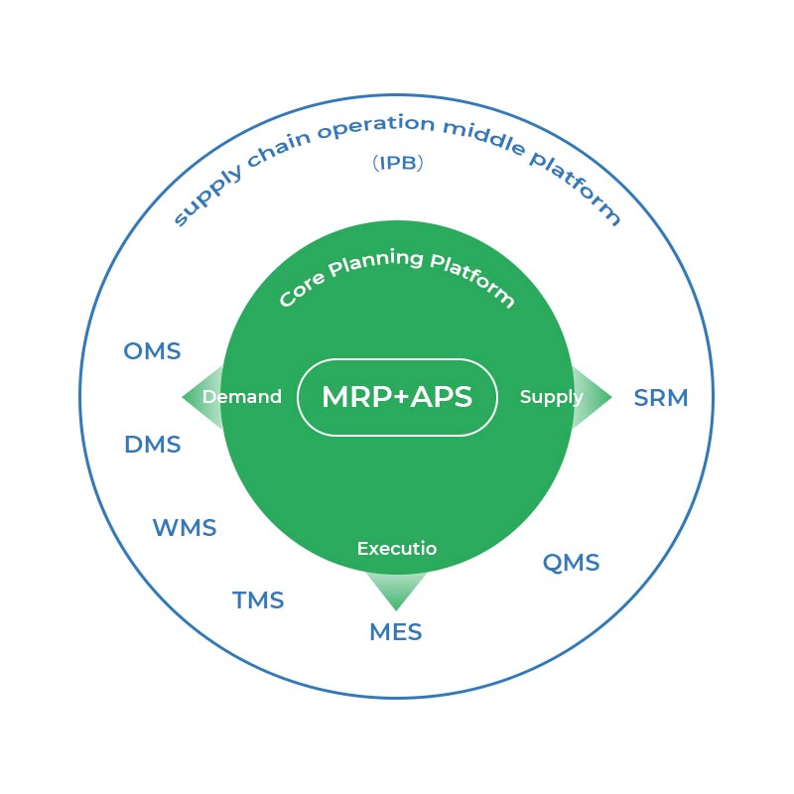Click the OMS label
tap(152, 351)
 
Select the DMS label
tap(153, 445)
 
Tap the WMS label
tap(184, 528)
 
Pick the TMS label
tap(258, 600)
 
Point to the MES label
tap(395, 632)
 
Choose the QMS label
tap(571, 563)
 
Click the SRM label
tap(660, 398)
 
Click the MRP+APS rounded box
tap(396, 397)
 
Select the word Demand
tap(241, 397)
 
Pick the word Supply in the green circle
tap(551, 397)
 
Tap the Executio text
tap(396, 548)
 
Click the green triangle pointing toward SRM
tap(594, 397)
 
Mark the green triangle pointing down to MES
tap(396, 592)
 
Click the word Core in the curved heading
tap(300, 289)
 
